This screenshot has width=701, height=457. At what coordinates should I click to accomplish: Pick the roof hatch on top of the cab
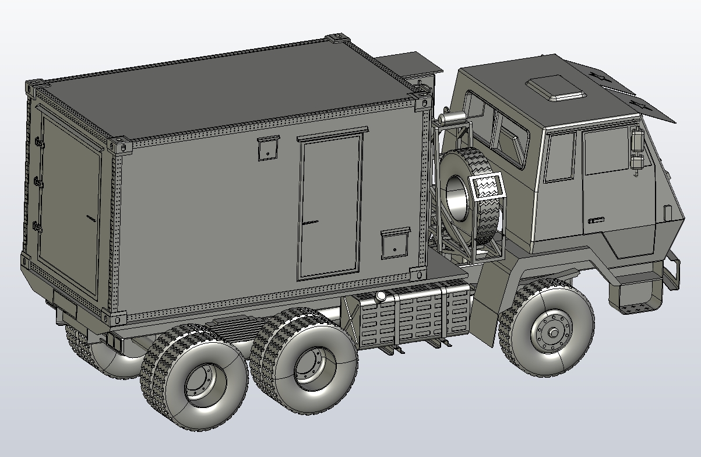coord(556,87)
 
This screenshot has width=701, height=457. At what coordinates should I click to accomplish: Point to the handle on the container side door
coord(310,222)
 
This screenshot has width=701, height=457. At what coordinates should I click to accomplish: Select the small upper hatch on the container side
coord(267,148)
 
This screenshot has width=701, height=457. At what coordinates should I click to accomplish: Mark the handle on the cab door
coord(596,220)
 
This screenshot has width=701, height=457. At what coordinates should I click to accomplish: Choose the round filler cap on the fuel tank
coord(381,297)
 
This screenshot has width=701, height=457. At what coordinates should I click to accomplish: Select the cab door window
coord(606,152)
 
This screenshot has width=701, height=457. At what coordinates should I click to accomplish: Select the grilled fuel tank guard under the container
coord(414,318)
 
